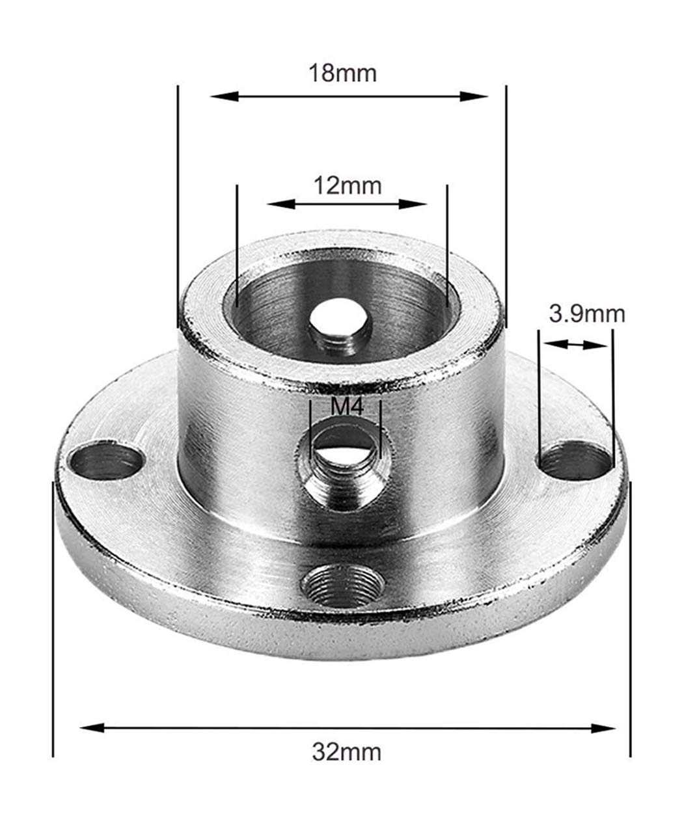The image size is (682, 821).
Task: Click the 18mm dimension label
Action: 343,73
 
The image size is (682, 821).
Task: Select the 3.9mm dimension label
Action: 586,314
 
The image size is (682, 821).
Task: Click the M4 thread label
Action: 346,408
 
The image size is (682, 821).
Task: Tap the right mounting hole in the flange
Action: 576,462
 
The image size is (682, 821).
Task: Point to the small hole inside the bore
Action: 338,322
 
